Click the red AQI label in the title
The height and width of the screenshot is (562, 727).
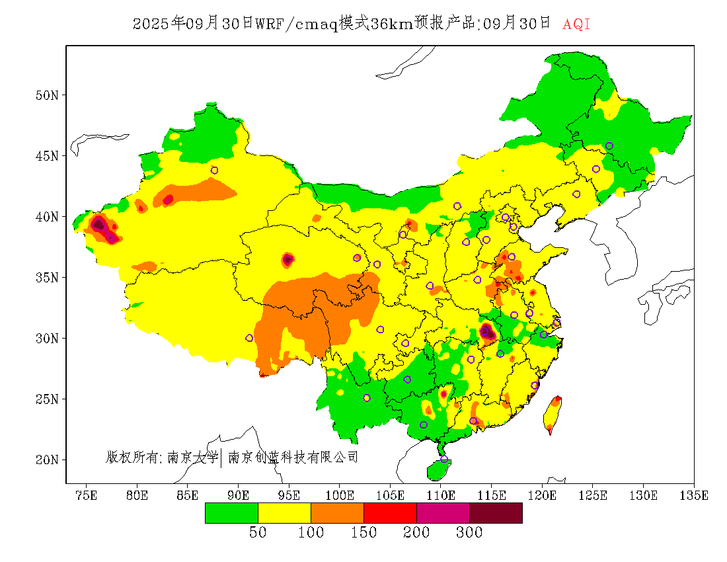click(x=576, y=24)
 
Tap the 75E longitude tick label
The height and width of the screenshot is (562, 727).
click(x=86, y=495)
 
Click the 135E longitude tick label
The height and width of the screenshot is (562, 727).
click(x=694, y=495)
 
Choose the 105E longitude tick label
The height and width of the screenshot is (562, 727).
click(x=390, y=495)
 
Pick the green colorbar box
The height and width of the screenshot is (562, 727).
click(x=231, y=513)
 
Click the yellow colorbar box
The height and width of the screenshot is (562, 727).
click(x=284, y=513)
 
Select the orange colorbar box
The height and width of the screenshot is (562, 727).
click(x=337, y=513)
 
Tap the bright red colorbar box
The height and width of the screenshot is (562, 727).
click(x=390, y=513)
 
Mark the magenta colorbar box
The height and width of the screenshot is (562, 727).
click(x=443, y=513)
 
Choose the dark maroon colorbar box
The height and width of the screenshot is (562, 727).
click(x=496, y=513)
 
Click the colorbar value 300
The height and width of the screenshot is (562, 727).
click(x=469, y=533)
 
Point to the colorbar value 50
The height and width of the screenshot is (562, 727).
click(x=258, y=533)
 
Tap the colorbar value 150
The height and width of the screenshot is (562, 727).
click(x=363, y=533)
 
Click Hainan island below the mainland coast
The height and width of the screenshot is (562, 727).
click(x=438, y=469)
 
